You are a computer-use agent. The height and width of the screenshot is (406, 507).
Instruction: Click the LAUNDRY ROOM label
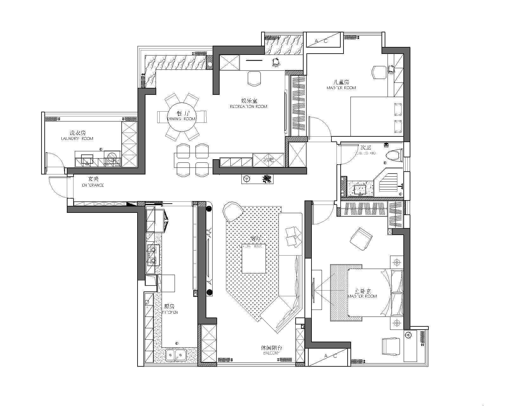point(77,139)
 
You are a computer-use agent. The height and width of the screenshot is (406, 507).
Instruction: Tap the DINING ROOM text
point(181,119)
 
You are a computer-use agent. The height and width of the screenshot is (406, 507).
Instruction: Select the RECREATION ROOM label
point(248,107)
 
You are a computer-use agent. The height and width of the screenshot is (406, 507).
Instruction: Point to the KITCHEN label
point(170,312)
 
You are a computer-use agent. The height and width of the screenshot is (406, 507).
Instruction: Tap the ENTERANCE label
point(93,185)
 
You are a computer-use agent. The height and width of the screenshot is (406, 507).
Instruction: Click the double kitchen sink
point(176,354)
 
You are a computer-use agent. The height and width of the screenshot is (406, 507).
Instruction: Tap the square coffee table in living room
point(254,258)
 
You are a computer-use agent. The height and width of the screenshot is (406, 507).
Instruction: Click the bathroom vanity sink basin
point(360,190)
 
